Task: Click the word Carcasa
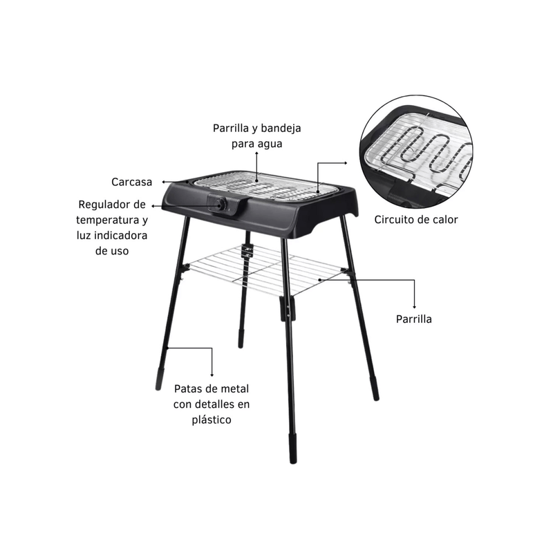click(x=131, y=182)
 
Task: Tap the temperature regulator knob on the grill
click(x=221, y=205)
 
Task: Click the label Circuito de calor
click(x=416, y=219)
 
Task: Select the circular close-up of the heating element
click(x=416, y=151)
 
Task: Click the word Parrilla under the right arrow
click(x=413, y=319)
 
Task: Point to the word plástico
click(x=212, y=420)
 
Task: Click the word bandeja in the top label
click(x=281, y=128)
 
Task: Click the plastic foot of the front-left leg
click(x=159, y=379)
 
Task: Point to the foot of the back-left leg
click(x=241, y=338)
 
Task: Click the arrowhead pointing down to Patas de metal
click(x=212, y=375)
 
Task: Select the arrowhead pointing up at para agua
click(x=256, y=153)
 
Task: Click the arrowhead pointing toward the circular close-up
click(x=346, y=163)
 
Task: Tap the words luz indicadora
click(x=112, y=235)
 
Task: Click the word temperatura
click(x=108, y=220)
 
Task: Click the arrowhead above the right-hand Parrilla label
click(x=414, y=307)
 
